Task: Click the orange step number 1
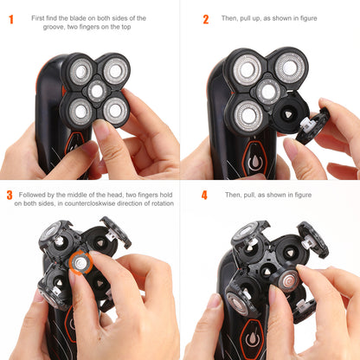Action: click(x=11, y=19)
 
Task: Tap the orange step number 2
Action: click(x=205, y=19)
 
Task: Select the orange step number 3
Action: click(x=10, y=196)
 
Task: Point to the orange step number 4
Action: click(x=205, y=196)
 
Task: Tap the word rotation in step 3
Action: click(x=157, y=203)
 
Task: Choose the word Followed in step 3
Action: click(x=34, y=195)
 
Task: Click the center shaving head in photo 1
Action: click(x=97, y=90)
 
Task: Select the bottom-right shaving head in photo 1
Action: click(x=114, y=110)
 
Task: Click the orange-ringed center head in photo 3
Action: click(x=80, y=261)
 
